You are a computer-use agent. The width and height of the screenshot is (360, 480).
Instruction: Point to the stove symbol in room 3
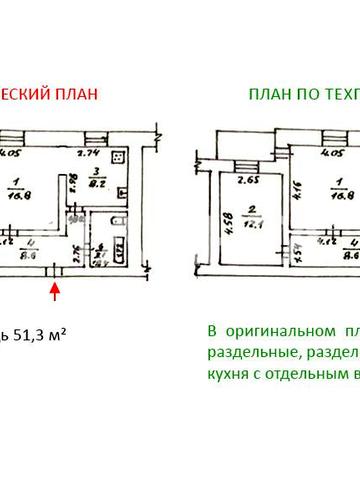coord(118,158)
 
